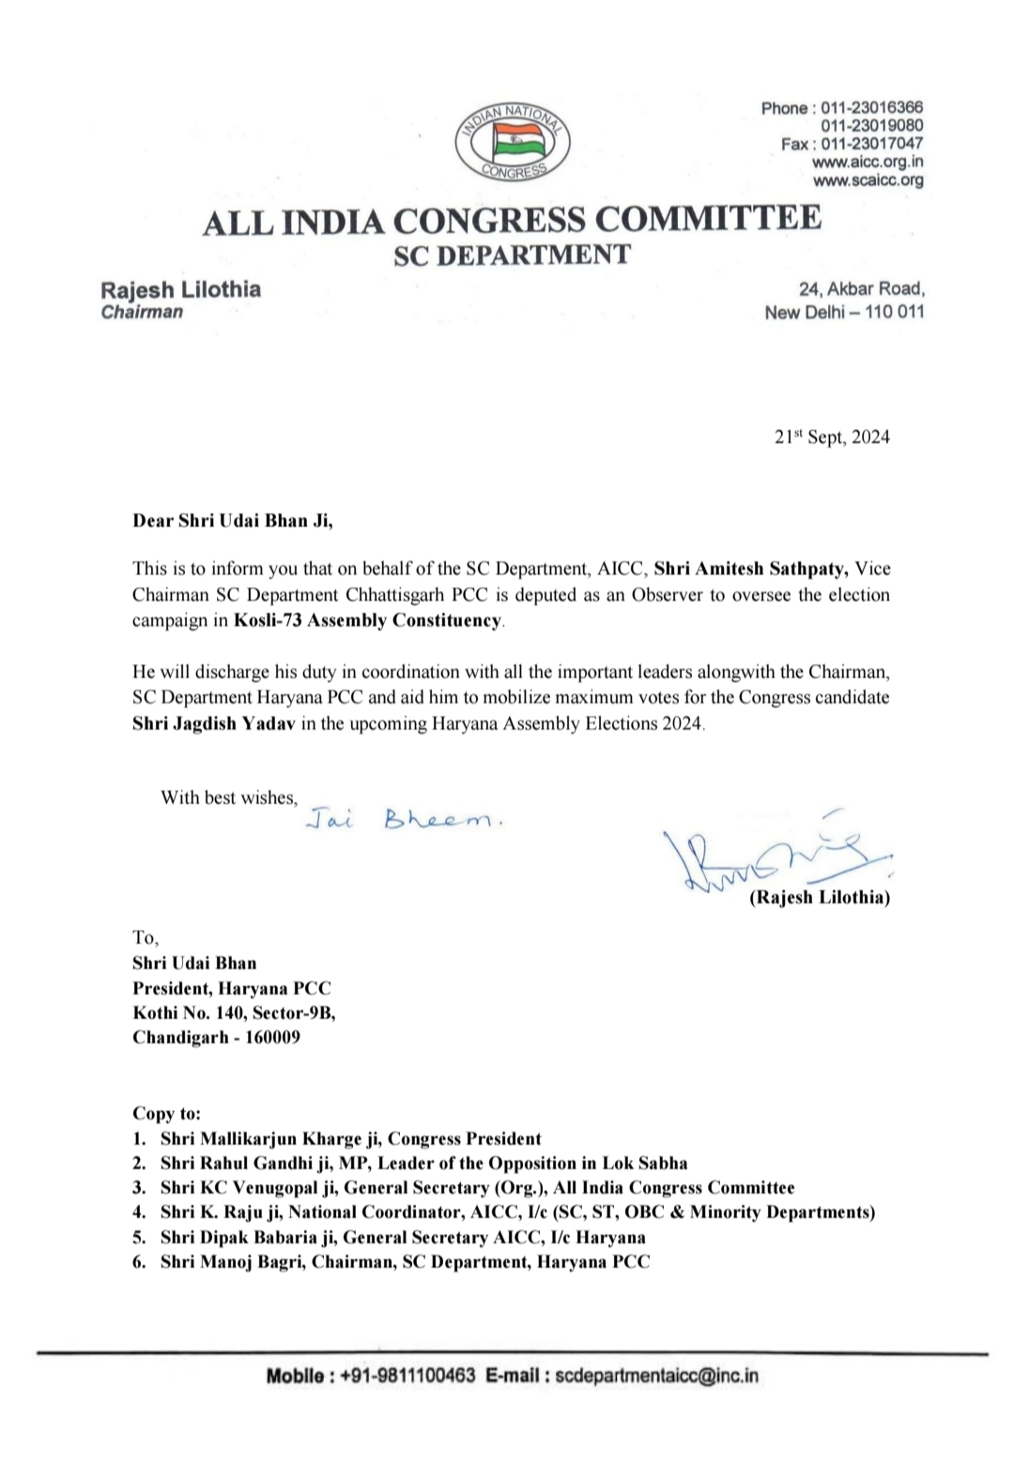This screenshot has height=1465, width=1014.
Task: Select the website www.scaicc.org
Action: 868,179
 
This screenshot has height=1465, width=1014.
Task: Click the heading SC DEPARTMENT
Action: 512,254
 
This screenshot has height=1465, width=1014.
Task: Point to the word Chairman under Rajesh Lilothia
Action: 142,312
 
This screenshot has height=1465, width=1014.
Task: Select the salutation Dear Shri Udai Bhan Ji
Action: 232,520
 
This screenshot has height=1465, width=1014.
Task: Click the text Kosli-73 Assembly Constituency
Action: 367,620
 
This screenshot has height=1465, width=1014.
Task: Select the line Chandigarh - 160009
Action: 216,1038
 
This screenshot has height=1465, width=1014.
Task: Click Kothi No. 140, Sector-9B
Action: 234,1013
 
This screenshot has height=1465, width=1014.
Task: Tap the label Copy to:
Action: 166,1114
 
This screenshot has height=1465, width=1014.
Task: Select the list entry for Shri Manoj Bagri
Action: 405,1261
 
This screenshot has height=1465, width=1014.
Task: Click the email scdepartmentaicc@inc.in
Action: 657,1376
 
